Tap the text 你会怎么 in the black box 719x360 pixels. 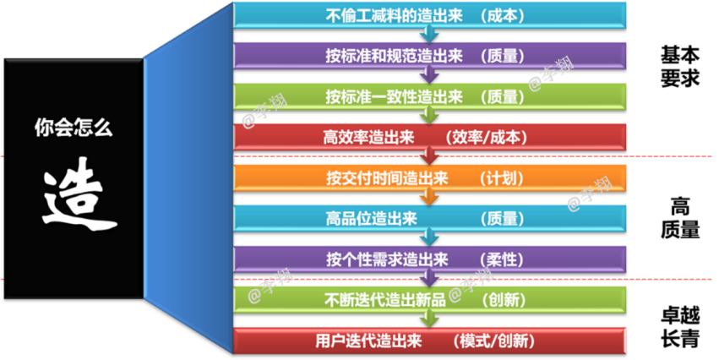[74, 127]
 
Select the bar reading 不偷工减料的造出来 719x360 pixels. [430, 15]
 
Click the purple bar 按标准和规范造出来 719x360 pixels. [430, 56]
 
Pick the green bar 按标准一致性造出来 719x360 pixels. [430, 97]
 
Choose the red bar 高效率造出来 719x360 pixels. [430, 137]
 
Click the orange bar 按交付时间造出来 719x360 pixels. [430, 178]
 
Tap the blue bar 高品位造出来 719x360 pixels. [430, 219]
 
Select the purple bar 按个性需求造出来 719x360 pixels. [430, 259]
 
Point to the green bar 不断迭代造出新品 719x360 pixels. [430, 300]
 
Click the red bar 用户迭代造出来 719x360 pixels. [430, 341]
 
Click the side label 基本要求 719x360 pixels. [680, 67]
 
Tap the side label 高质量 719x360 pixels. [680, 219]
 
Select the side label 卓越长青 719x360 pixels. [680, 327]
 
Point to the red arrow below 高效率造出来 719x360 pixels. [429, 157]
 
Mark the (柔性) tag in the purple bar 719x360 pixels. [502, 260]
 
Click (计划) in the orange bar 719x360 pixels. [502, 178]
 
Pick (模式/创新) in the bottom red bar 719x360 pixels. [494, 341]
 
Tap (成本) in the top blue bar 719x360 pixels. [502, 16]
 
